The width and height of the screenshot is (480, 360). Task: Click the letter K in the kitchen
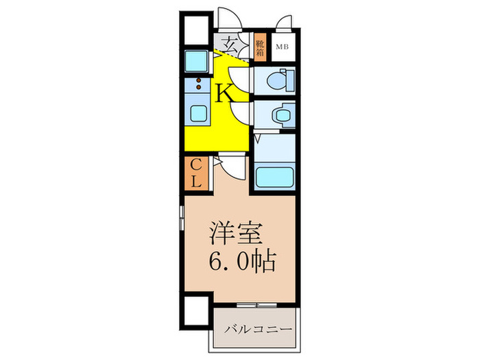coord(225,93)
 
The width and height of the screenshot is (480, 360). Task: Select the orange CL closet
coord(195,173)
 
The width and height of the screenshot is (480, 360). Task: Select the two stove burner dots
coord(199,84)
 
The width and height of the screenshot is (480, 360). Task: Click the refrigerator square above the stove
coord(199,60)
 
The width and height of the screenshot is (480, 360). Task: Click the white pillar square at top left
coord(195,27)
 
